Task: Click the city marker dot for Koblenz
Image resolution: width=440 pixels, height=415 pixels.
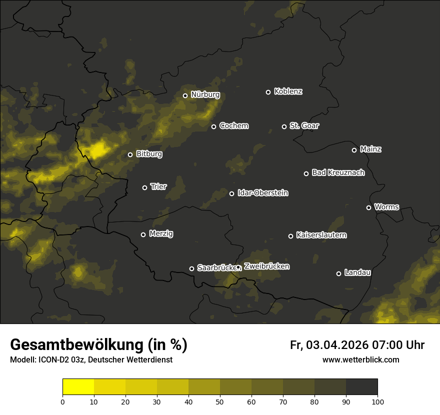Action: pos(268,92)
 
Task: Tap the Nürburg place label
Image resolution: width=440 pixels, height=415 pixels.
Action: pos(205,95)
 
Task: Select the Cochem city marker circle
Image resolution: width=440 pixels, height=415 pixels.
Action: pos(213,126)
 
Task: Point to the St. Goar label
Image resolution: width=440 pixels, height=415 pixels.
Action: pos(304,126)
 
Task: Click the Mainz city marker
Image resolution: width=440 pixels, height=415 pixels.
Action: pos(354,150)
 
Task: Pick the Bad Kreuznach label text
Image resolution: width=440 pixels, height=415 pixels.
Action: pos(338,173)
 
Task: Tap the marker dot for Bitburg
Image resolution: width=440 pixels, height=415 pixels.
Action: pos(130,154)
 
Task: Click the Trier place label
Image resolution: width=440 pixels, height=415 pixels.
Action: pos(158,187)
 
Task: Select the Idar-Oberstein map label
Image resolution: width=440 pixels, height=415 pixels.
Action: pos(262,193)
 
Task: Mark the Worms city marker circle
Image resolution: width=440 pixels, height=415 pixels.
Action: pos(368,207)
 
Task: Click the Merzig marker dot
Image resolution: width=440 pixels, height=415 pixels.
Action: pos(143,234)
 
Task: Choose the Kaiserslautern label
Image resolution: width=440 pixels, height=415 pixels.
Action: pos(321,235)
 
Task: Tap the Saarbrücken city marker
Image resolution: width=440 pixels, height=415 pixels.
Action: pos(191,268)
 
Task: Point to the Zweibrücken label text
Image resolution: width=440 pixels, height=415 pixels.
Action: pos(266,266)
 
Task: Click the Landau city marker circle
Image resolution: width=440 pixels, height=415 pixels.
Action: pos(338,273)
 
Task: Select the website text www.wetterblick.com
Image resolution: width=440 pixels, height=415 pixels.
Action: pos(360,359)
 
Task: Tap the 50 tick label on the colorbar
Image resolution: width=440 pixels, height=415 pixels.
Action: pos(220,401)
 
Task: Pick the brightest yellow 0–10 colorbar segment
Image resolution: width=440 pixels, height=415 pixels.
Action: pos(78,387)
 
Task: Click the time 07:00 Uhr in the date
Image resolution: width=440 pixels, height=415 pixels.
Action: pos(398,345)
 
